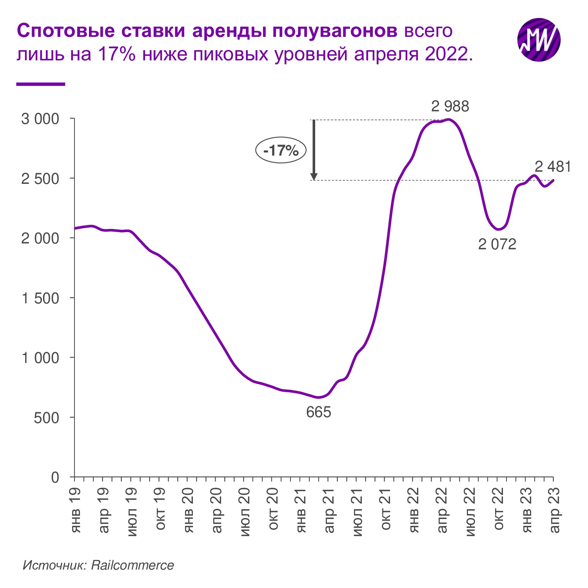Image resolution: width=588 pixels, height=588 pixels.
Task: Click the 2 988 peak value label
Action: coord(450,106)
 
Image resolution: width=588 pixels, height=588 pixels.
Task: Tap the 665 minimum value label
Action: coord(319,412)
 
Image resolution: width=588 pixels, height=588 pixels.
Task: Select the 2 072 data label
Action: coord(497,244)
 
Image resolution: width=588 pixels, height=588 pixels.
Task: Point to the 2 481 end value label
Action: coord(553,167)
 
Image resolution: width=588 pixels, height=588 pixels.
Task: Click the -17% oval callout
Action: coord(281,150)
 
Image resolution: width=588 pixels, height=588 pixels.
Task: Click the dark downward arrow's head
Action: coord(314,176)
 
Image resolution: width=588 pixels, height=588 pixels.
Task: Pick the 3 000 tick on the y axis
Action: coord(40,119)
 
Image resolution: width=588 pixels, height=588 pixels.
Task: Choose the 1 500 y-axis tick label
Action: coord(40,298)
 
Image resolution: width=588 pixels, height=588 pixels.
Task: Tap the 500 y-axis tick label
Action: coord(46,418)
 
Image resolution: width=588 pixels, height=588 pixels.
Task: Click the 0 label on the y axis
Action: coord(55,477)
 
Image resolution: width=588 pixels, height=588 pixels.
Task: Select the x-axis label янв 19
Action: coord(75,510)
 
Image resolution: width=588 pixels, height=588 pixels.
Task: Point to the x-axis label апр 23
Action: coord(555,510)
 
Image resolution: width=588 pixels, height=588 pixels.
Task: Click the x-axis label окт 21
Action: coord(386,509)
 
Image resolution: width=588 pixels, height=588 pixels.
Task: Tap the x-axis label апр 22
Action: coord(442,510)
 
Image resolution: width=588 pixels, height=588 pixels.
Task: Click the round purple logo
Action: coord(539,40)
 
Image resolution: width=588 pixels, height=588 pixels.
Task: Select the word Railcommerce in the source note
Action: coord(132,565)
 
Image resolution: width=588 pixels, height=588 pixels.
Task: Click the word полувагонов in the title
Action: coord(335,31)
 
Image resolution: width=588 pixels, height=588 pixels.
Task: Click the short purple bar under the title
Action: coord(40,83)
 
